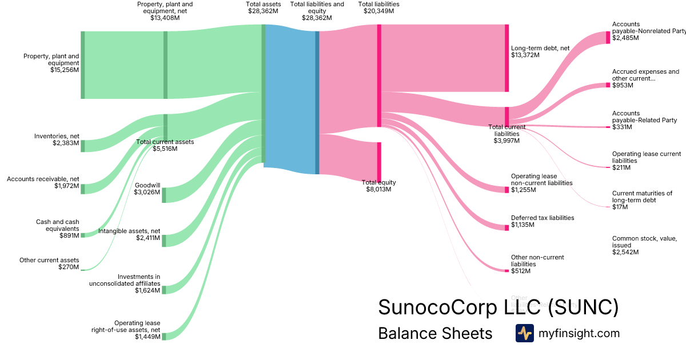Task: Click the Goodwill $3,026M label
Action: point(147,189)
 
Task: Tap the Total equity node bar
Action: point(379,162)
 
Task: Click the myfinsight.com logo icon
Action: point(524,333)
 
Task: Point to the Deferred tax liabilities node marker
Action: point(506,227)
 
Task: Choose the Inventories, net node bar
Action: point(82,146)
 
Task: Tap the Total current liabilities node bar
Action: point(506,116)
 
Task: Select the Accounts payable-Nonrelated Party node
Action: point(608,38)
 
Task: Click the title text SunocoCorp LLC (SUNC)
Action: point(498,307)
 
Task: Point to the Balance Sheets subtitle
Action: point(435,333)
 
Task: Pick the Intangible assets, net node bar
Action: point(163,240)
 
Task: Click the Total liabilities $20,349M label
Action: point(378,7)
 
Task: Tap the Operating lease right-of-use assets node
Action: point(163,337)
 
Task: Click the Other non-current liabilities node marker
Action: point(506,270)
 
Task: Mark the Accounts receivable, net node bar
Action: point(82,189)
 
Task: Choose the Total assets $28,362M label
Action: point(264,7)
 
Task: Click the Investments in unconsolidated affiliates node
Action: point(163,290)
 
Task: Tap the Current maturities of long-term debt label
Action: point(641,200)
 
